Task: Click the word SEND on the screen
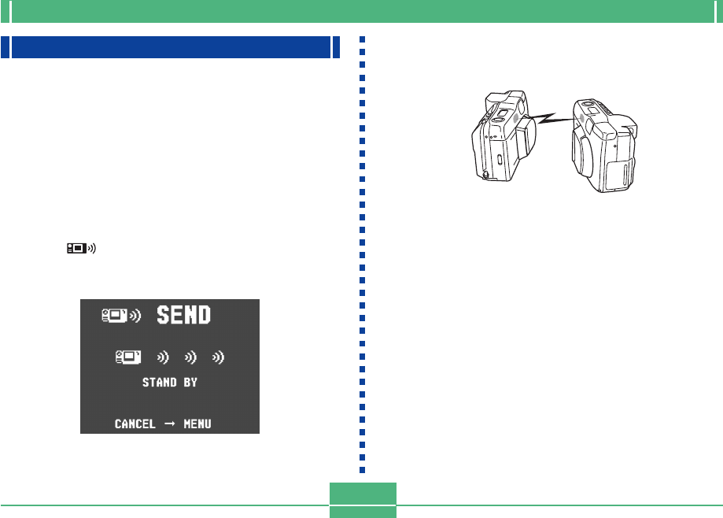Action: pos(183,315)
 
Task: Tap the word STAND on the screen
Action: pos(160,383)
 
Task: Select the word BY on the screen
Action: pos(190,383)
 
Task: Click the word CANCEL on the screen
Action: pos(135,424)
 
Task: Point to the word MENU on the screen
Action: pos(197,424)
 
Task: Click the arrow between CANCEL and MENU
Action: pos(170,424)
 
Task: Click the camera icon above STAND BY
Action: pos(128,357)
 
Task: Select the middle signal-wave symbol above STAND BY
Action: pos(190,357)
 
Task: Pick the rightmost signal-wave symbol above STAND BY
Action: pos(218,357)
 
